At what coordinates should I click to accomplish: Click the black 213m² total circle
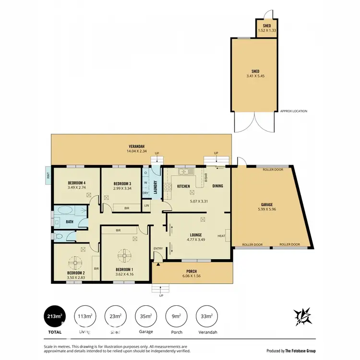(54, 316)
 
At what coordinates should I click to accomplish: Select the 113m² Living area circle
(84, 316)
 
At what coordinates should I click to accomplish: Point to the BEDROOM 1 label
(125, 270)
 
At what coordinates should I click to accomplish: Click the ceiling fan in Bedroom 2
(75, 263)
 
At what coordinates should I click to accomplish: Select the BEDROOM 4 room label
(77, 182)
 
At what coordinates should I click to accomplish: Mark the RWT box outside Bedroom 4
(48, 175)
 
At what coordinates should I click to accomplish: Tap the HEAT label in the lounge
(221, 236)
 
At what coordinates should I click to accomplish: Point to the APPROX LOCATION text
(293, 111)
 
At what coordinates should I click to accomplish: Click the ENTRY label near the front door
(158, 248)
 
